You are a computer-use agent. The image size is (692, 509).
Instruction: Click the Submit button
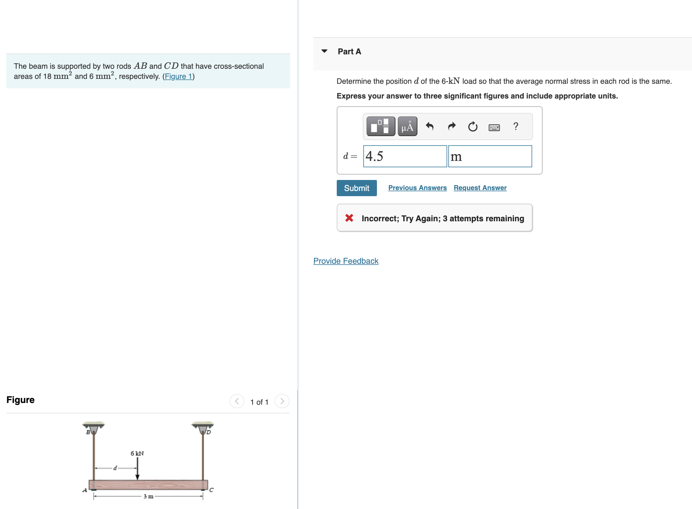[x=356, y=188]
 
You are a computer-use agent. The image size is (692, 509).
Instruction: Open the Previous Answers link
[x=417, y=188]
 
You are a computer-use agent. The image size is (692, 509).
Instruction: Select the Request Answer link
[x=480, y=188]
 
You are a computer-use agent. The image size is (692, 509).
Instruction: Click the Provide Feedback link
[x=345, y=261]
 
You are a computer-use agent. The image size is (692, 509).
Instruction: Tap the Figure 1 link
[x=178, y=77]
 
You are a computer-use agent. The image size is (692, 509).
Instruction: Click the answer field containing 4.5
[x=405, y=156]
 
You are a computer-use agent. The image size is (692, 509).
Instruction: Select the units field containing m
[x=489, y=156]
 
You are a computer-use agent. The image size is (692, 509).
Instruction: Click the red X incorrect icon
[x=349, y=218]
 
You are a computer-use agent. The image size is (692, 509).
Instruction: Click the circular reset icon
[x=472, y=126]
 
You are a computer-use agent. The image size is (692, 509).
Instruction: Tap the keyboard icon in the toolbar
[x=494, y=127]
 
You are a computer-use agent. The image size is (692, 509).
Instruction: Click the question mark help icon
[x=515, y=126]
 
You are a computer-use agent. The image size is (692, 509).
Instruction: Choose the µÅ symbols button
[x=407, y=126]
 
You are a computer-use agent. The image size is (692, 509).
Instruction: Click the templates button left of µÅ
[x=380, y=126]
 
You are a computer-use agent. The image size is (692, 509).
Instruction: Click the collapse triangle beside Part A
[x=324, y=51]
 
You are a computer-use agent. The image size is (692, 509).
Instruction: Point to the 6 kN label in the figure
[x=137, y=453]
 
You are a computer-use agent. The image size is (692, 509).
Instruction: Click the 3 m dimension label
[x=148, y=496]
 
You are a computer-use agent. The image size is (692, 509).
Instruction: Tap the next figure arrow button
[x=282, y=401]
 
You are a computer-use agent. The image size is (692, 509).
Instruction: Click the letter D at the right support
[x=209, y=432]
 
